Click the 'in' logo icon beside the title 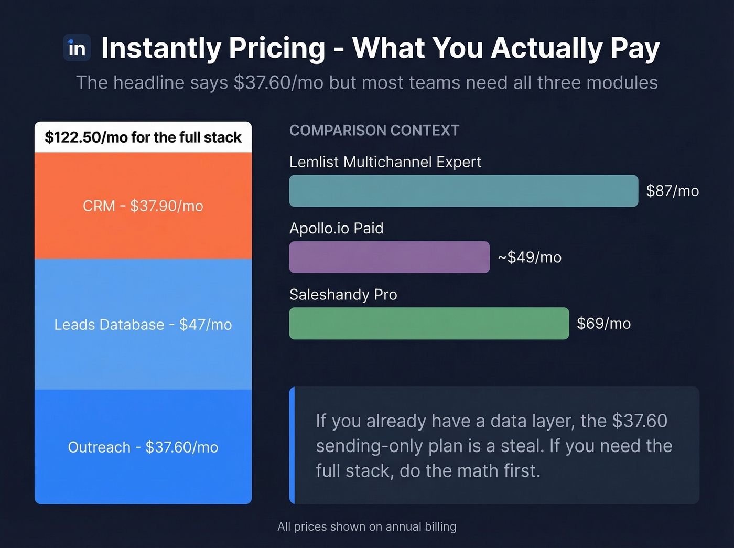pyautogui.click(x=77, y=48)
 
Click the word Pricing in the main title pyautogui.click(x=277, y=48)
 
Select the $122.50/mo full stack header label pyautogui.click(x=143, y=137)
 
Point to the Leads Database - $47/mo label pyautogui.click(x=143, y=325)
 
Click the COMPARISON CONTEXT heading pyautogui.click(x=374, y=131)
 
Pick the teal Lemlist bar pyautogui.click(x=463, y=191)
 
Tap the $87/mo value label pyautogui.click(x=672, y=191)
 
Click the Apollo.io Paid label pyautogui.click(x=336, y=228)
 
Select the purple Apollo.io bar pyautogui.click(x=389, y=257)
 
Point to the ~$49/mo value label pyautogui.click(x=530, y=257)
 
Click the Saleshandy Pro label pyautogui.click(x=343, y=295)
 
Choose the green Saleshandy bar pyautogui.click(x=429, y=324)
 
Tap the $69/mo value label pyautogui.click(x=603, y=324)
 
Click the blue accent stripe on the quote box pyautogui.click(x=292, y=445)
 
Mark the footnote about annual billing pyautogui.click(x=366, y=526)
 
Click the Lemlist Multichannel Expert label pyautogui.click(x=385, y=162)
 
